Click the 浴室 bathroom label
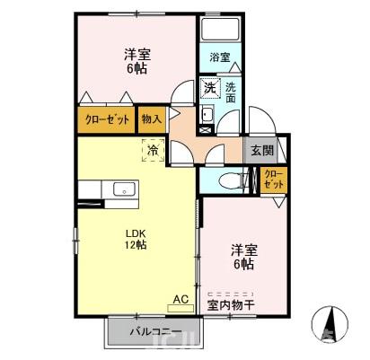coord(220,57)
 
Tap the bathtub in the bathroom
coord(221,30)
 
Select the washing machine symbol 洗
coord(209,88)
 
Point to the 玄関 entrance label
coord(262,150)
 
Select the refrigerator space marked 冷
coord(154,150)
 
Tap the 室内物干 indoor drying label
coord(233,303)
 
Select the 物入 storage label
coord(151,119)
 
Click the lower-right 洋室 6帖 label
coord(241,257)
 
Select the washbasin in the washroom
coord(206,114)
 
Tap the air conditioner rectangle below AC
coord(180,307)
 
